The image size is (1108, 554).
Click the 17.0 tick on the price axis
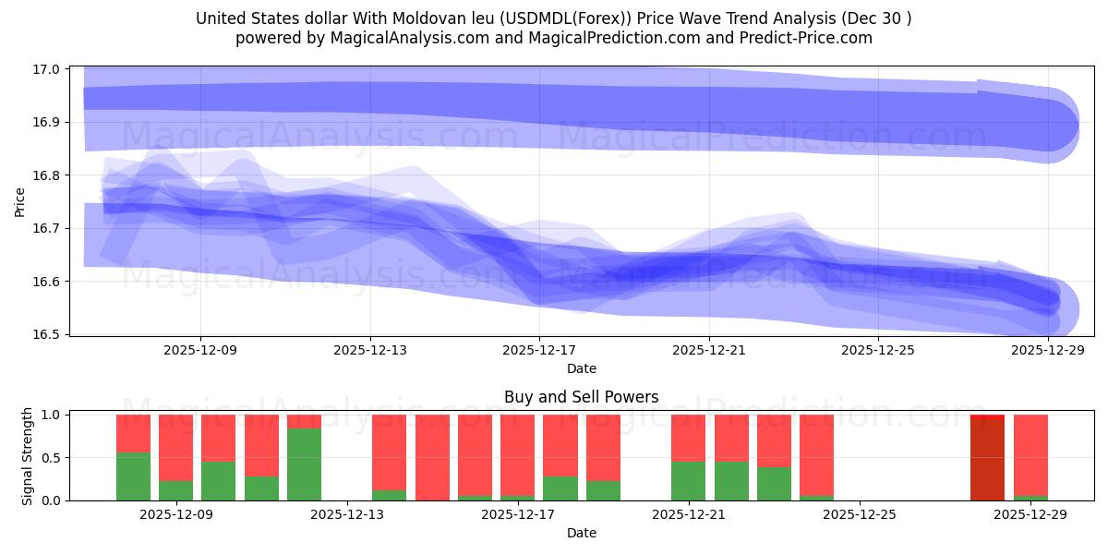tap(47, 69)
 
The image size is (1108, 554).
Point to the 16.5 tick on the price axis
tap(47, 334)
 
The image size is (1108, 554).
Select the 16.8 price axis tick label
tap(47, 175)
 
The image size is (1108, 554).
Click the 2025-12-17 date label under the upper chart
tap(539, 351)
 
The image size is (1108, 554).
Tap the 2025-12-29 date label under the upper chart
tap(1048, 351)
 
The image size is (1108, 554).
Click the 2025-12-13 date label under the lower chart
tap(346, 515)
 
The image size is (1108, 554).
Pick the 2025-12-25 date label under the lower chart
tap(859, 515)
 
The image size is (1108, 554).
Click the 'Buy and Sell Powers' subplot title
tap(581, 398)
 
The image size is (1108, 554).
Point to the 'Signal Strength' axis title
tap(28, 456)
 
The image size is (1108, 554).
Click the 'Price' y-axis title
tap(20, 200)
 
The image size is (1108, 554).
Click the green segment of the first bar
tap(133, 476)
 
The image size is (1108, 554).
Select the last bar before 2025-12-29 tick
tap(1030, 457)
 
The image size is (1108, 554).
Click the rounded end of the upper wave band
tap(1053, 124)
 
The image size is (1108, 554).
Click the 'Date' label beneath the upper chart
tap(581, 368)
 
